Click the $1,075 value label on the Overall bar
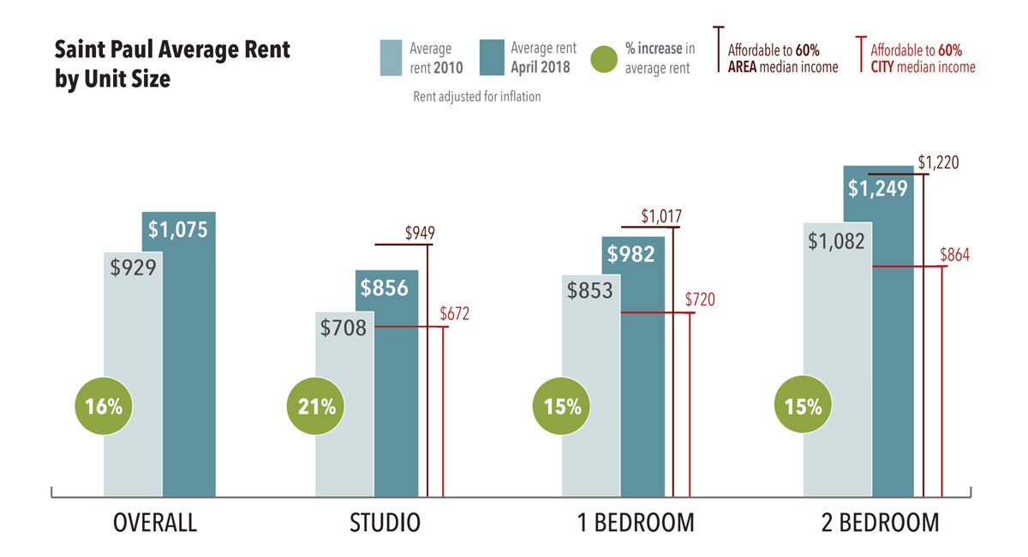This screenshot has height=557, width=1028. (178, 229)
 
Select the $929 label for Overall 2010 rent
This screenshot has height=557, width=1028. (133, 267)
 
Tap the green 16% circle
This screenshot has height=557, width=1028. (104, 406)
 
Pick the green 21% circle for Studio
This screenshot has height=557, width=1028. (316, 406)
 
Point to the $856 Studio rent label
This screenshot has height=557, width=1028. (384, 288)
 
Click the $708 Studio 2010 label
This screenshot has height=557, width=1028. (343, 327)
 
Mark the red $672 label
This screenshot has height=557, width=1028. (455, 314)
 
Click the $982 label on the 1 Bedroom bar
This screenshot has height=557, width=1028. (631, 254)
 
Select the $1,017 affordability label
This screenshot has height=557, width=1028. (661, 216)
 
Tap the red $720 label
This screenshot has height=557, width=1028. (700, 299)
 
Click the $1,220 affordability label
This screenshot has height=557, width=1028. (938, 161)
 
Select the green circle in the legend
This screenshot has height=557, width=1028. (604, 58)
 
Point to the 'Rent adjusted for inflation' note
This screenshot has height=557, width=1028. (477, 97)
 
